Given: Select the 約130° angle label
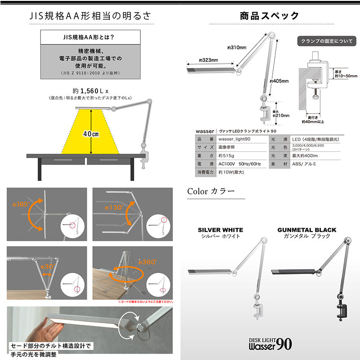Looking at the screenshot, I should (x=112, y=208).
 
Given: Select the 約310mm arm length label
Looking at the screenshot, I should (x=238, y=48).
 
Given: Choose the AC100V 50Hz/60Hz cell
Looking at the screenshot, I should (x=239, y=163).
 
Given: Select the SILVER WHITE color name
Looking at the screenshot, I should (x=220, y=229).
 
